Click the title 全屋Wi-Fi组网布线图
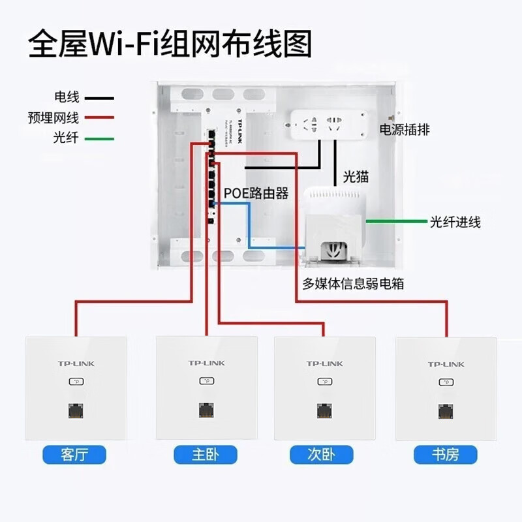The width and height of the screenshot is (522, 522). coord(170,44)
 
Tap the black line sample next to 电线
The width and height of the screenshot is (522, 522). coord(98,99)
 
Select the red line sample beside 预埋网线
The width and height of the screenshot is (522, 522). coord(98,119)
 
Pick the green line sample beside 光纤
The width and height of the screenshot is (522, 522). coord(98,139)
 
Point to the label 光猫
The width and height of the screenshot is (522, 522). coord(356,177)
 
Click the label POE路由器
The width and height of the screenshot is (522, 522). coord(256,194)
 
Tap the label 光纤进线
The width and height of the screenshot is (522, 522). coord(455,223)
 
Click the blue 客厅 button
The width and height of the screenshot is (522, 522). coord(74,453)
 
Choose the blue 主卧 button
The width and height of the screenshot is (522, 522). coord(206,453)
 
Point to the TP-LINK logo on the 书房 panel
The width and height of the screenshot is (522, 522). coord(446,364)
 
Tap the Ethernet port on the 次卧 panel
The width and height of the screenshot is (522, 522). coord(324,411)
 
